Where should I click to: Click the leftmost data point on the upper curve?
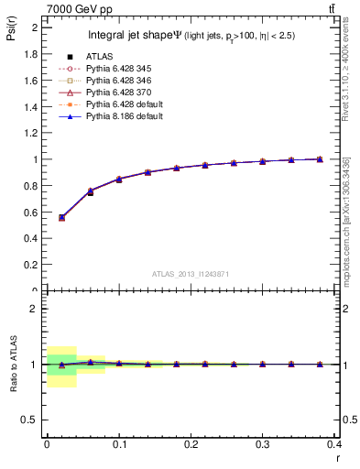tap(61, 217)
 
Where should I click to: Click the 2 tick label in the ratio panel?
tap(35, 309)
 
